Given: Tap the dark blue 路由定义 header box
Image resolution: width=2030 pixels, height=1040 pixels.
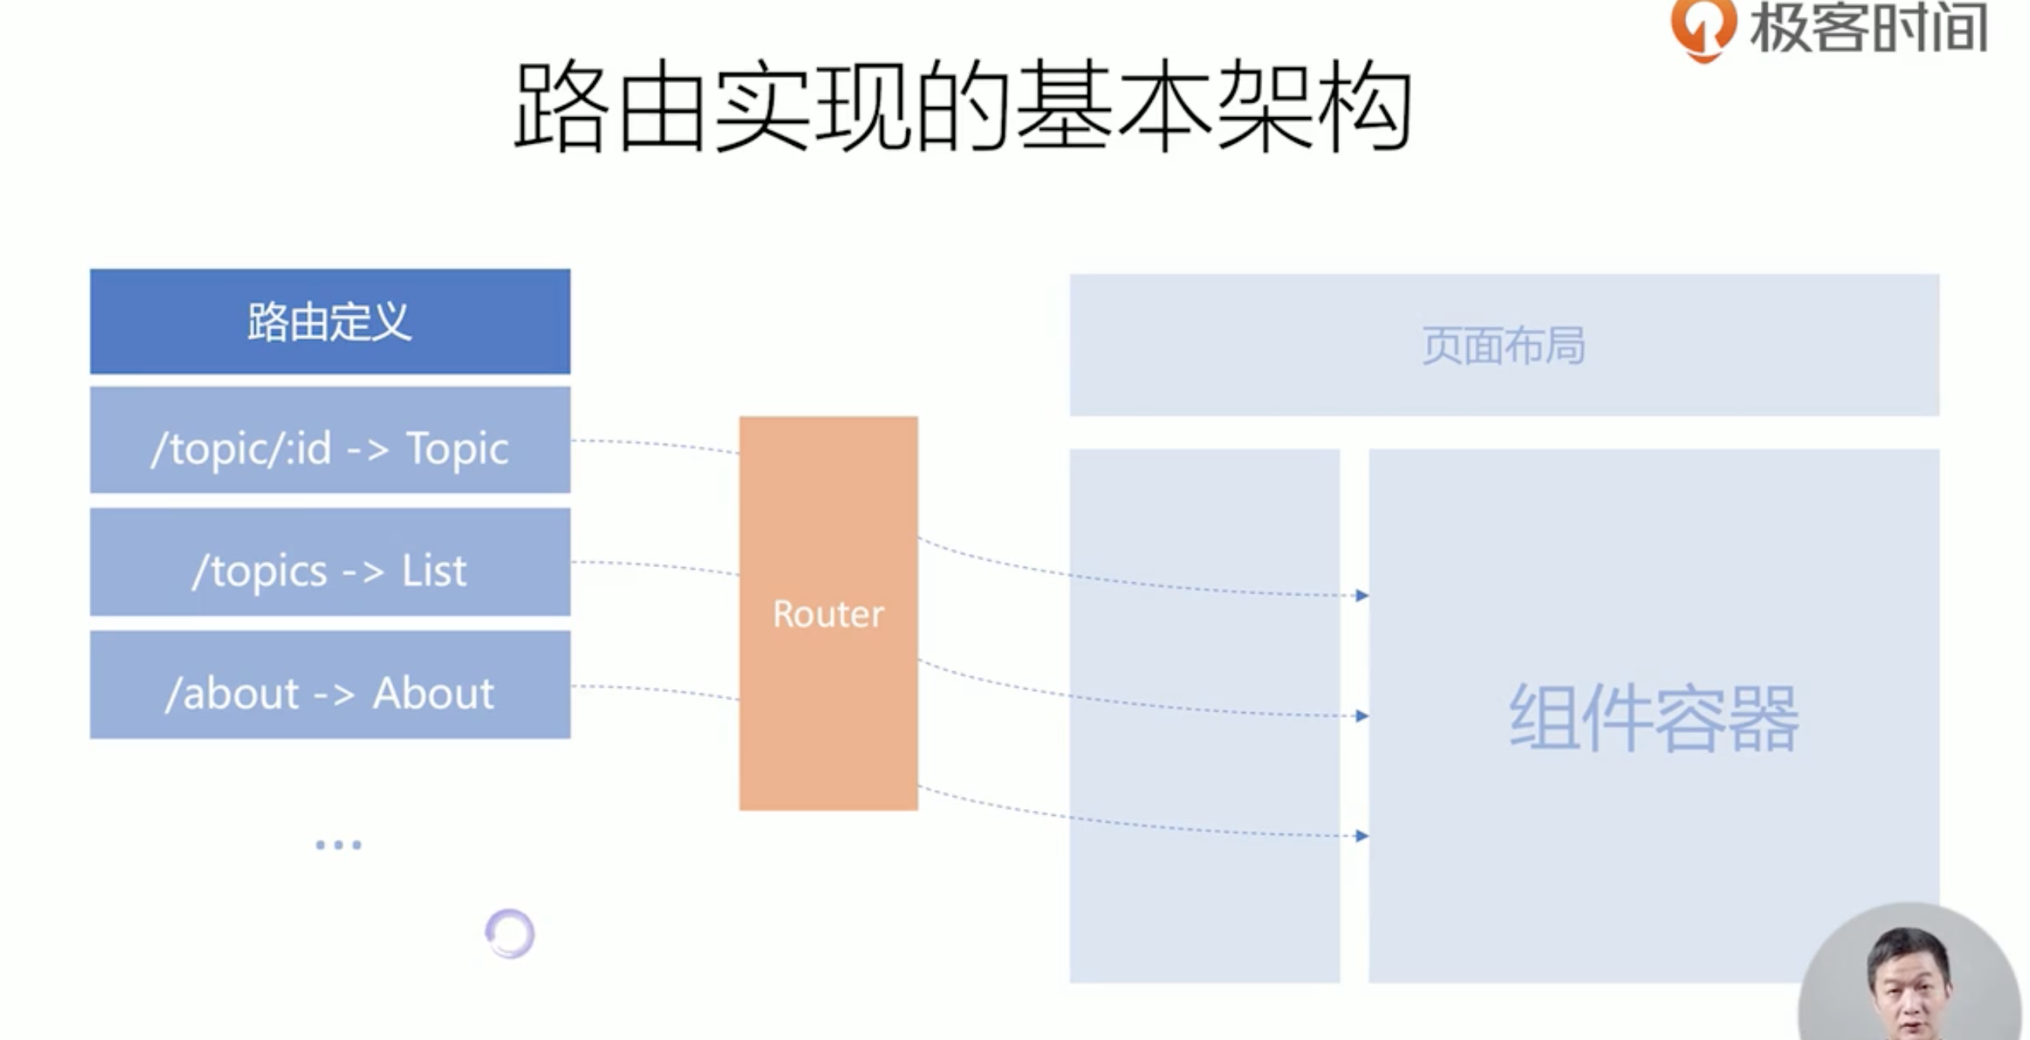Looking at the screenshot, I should point(329,322).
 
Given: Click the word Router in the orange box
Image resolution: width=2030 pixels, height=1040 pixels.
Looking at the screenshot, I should point(828,614).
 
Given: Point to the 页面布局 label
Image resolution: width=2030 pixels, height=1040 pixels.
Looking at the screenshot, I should point(1503,346).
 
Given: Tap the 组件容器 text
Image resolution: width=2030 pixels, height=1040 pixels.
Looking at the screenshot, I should point(1654,718).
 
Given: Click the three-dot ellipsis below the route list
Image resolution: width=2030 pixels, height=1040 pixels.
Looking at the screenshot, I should point(338,845).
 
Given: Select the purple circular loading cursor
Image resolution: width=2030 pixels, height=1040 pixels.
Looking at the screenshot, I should point(510,934).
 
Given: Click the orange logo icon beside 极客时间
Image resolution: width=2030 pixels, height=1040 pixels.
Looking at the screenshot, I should point(1702,28).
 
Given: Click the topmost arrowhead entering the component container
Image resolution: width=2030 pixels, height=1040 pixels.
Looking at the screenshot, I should point(1362,595).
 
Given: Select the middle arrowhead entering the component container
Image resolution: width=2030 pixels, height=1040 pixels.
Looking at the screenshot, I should point(1362,716).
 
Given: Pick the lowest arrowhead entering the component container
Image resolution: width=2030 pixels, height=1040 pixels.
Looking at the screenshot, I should point(1362,836).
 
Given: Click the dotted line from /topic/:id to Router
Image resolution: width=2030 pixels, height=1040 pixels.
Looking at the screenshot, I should point(654,445).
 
